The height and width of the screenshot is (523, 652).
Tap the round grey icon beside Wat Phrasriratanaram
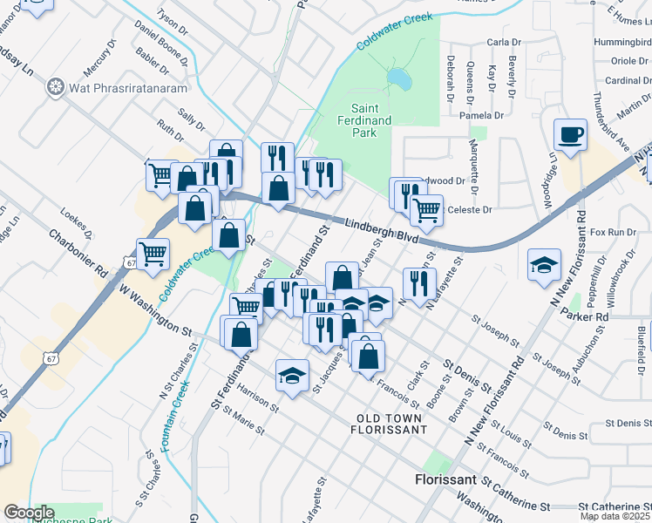click(x=57, y=86)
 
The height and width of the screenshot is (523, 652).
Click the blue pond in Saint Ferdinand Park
click(x=399, y=79)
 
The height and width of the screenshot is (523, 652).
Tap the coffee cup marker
click(x=571, y=135)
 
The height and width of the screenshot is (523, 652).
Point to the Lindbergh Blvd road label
click(x=380, y=230)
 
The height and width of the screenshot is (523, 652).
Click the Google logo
click(x=28, y=513)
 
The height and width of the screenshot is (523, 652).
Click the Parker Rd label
click(x=590, y=317)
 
